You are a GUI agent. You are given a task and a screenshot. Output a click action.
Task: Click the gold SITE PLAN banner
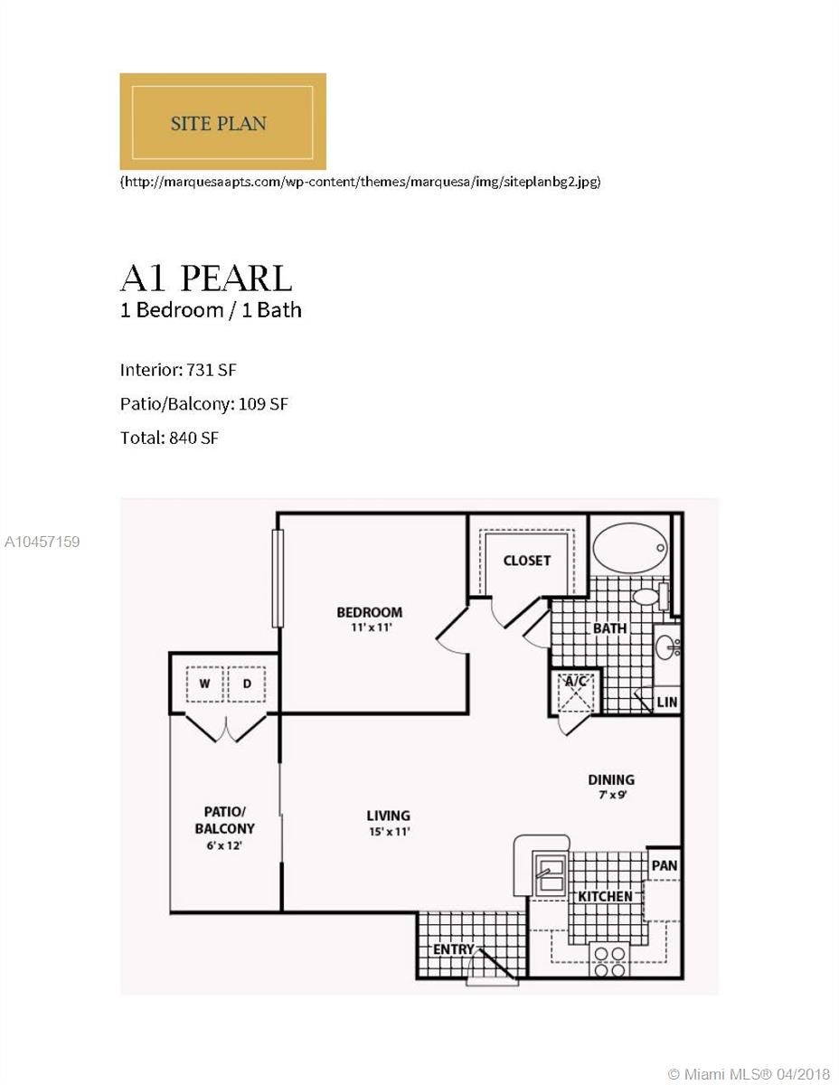222,121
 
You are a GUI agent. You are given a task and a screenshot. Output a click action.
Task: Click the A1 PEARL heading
205,278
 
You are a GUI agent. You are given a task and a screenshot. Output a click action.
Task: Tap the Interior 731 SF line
178,370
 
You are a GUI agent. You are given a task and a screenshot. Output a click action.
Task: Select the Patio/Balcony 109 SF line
204,404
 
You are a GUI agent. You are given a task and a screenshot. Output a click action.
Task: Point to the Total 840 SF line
169,438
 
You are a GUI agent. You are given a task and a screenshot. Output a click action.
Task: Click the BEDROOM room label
370,612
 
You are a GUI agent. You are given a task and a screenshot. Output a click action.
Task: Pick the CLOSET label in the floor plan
526,561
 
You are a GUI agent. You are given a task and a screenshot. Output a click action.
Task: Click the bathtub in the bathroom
630,548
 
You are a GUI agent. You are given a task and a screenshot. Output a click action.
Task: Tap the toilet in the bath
651,596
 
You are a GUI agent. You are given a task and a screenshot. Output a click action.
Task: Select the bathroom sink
667,647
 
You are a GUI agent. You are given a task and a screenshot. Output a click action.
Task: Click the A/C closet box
575,692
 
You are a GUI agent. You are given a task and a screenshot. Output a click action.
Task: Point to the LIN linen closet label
667,703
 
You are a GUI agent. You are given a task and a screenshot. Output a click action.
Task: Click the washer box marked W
204,684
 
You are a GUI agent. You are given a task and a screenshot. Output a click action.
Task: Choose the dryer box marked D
247,684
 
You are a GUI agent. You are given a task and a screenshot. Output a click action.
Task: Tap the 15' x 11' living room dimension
390,831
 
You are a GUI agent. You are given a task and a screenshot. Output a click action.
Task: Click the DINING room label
611,779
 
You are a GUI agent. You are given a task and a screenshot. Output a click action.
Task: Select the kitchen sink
549,873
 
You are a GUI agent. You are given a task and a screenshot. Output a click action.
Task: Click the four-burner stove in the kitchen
609,959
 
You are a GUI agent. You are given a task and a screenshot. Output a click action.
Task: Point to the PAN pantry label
665,865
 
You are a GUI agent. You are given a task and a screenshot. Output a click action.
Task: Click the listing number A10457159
42,542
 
